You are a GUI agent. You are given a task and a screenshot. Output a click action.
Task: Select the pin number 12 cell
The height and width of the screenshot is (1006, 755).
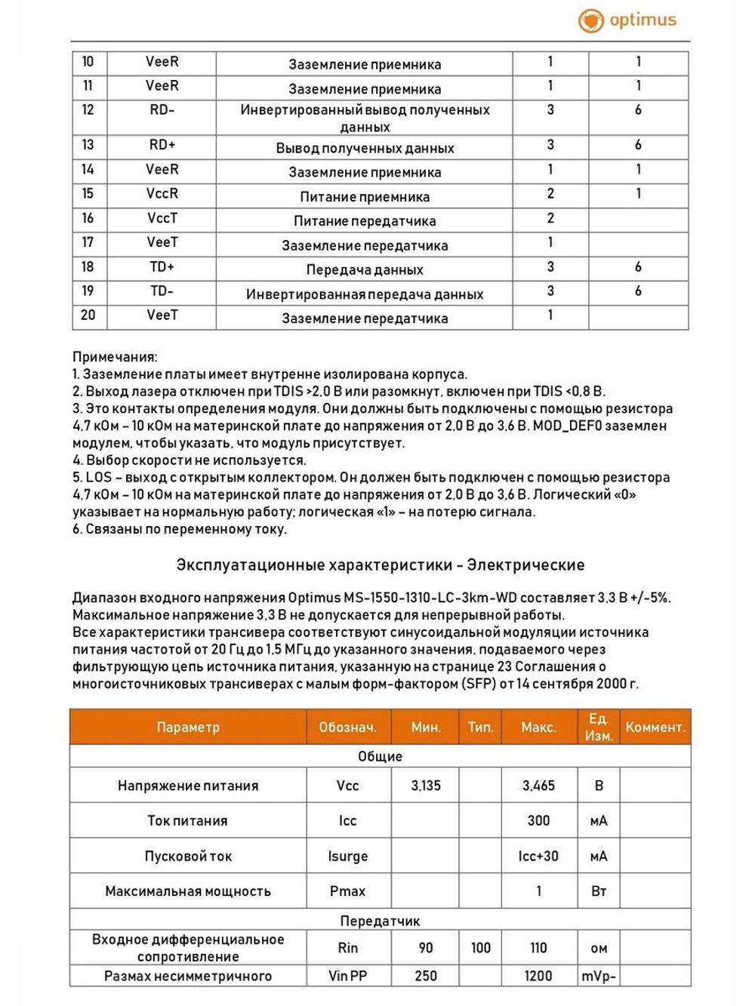[x=88, y=110]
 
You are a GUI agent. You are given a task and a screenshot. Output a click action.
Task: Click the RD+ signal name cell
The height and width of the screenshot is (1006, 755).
[x=162, y=145]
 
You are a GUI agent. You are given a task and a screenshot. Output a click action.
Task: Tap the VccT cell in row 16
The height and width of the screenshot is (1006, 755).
[x=162, y=218]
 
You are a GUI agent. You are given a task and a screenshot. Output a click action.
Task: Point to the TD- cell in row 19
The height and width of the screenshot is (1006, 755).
[x=162, y=291]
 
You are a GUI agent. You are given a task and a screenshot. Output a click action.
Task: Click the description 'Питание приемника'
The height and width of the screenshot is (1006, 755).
[x=365, y=197]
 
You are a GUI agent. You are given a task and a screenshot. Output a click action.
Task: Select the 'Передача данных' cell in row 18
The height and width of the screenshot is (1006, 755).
[x=365, y=270]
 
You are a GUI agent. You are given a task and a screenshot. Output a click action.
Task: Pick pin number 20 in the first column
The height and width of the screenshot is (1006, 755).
[x=88, y=315]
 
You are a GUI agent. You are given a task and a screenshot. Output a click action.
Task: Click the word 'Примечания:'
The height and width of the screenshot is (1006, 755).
[x=115, y=357]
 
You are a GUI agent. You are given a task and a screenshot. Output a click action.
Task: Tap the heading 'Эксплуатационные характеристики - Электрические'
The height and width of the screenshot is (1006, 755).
[x=380, y=565]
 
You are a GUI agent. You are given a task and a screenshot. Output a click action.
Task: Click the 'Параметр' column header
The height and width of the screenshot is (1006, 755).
[x=188, y=728]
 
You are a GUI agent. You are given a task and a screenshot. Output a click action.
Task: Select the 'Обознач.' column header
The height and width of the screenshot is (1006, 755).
[x=347, y=728]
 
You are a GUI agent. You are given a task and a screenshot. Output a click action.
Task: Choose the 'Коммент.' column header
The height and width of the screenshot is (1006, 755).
[x=655, y=728]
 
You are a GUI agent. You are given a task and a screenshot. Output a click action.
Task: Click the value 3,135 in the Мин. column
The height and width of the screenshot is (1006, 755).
[x=426, y=786]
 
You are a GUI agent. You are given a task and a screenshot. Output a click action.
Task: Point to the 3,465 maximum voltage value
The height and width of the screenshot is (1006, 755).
[x=538, y=786]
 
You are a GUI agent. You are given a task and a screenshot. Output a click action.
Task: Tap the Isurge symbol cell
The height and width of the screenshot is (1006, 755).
[x=347, y=857]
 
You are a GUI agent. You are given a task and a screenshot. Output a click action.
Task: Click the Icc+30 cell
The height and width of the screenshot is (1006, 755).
[x=538, y=857]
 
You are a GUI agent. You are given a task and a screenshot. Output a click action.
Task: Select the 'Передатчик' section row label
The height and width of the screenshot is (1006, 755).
[x=380, y=921]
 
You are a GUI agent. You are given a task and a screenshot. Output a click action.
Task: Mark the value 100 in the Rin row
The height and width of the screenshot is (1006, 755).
[x=481, y=948]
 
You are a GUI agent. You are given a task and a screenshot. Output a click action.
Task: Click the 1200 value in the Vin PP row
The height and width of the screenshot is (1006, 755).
[x=538, y=976]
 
